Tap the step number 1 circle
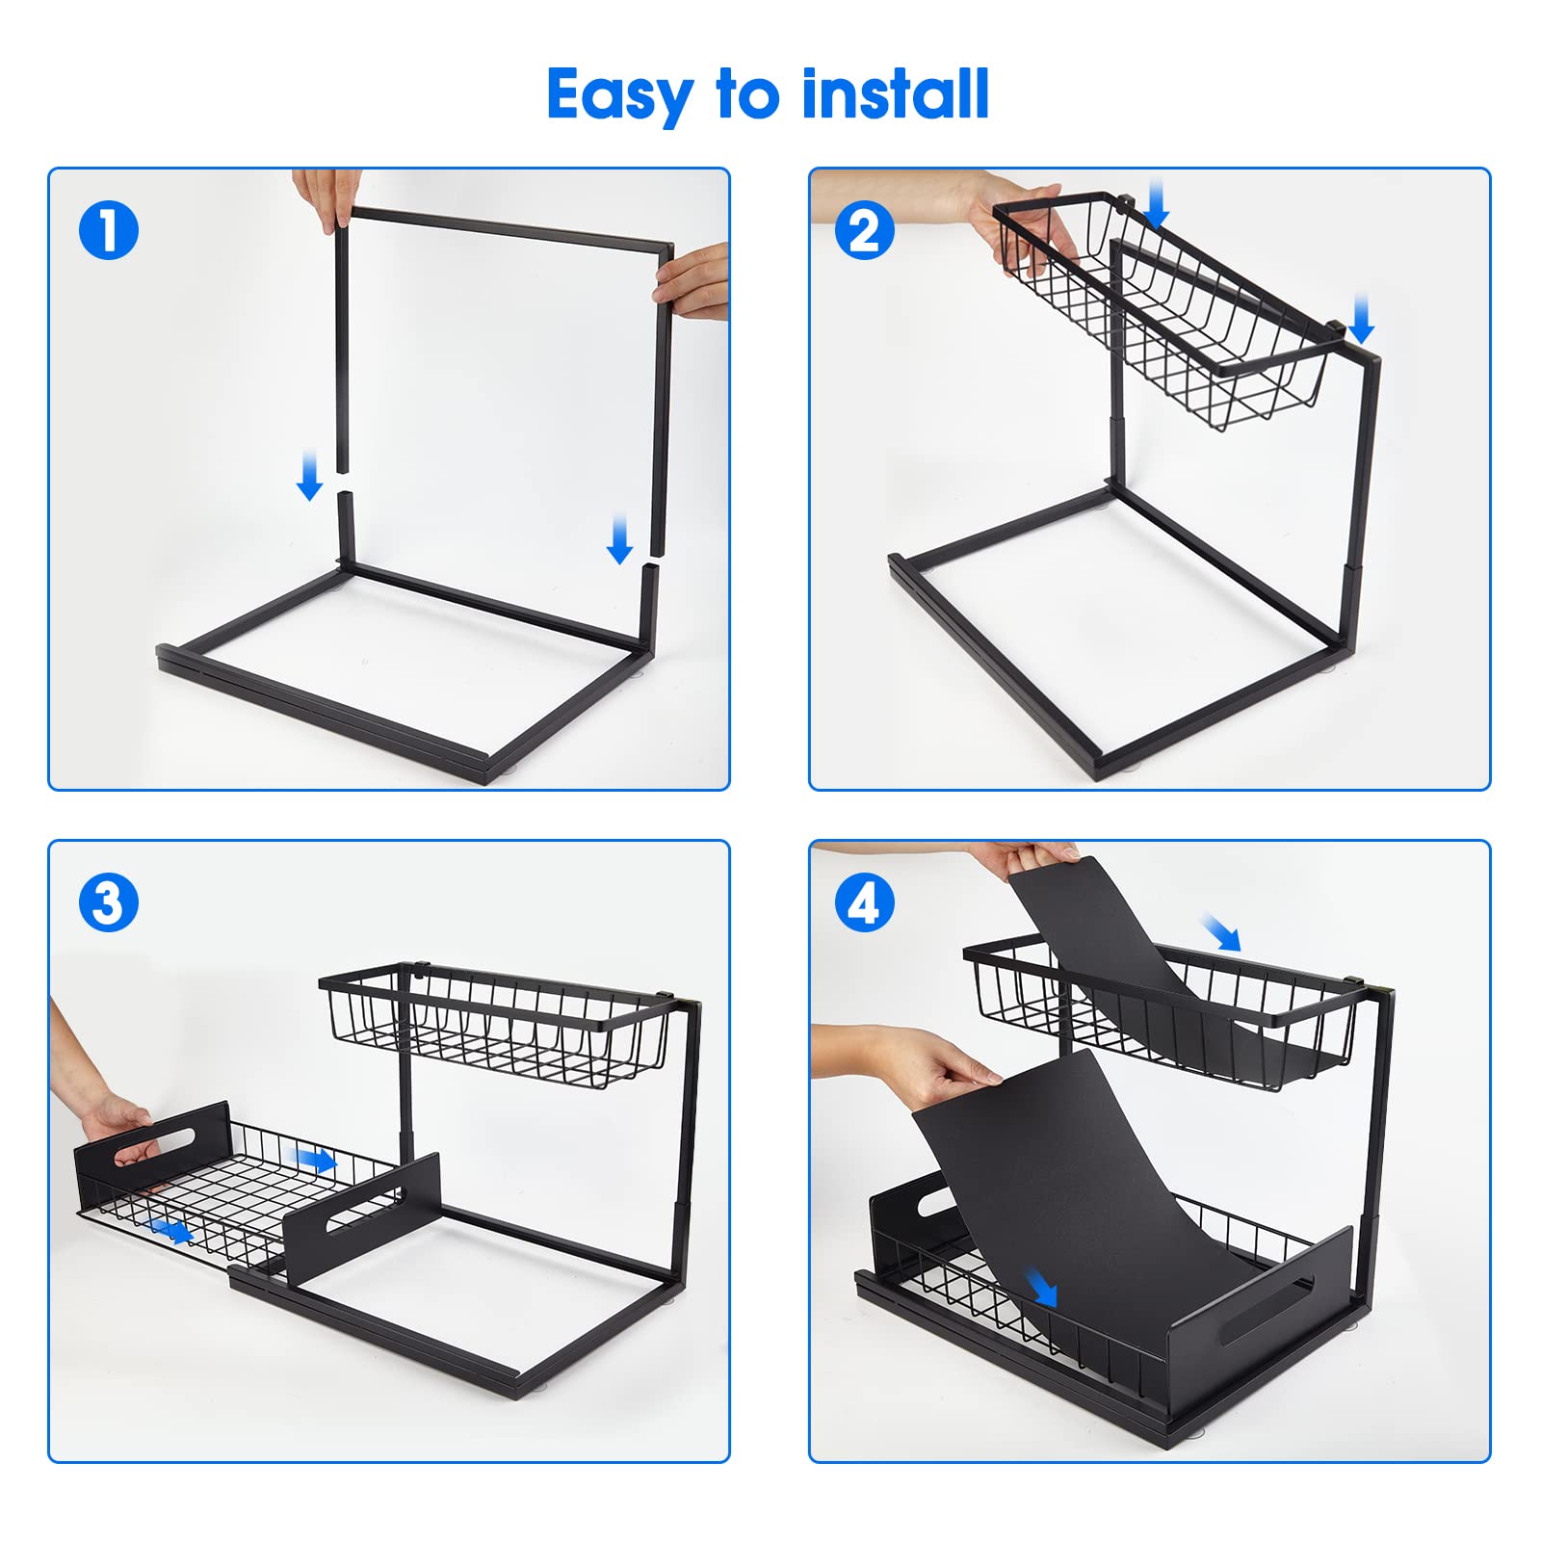(x=109, y=231)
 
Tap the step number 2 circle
(x=864, y=231)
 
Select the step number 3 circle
(x=109, y=903)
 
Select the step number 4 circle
(x=864, y=903)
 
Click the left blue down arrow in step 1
(x=309, y=475)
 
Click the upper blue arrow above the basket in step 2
(x=1157, y=202)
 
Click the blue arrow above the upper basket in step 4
(x=1222, y=932)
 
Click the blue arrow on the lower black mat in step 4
(x=1041, y=1287)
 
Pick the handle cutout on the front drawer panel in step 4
(x=1267, y=1310)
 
